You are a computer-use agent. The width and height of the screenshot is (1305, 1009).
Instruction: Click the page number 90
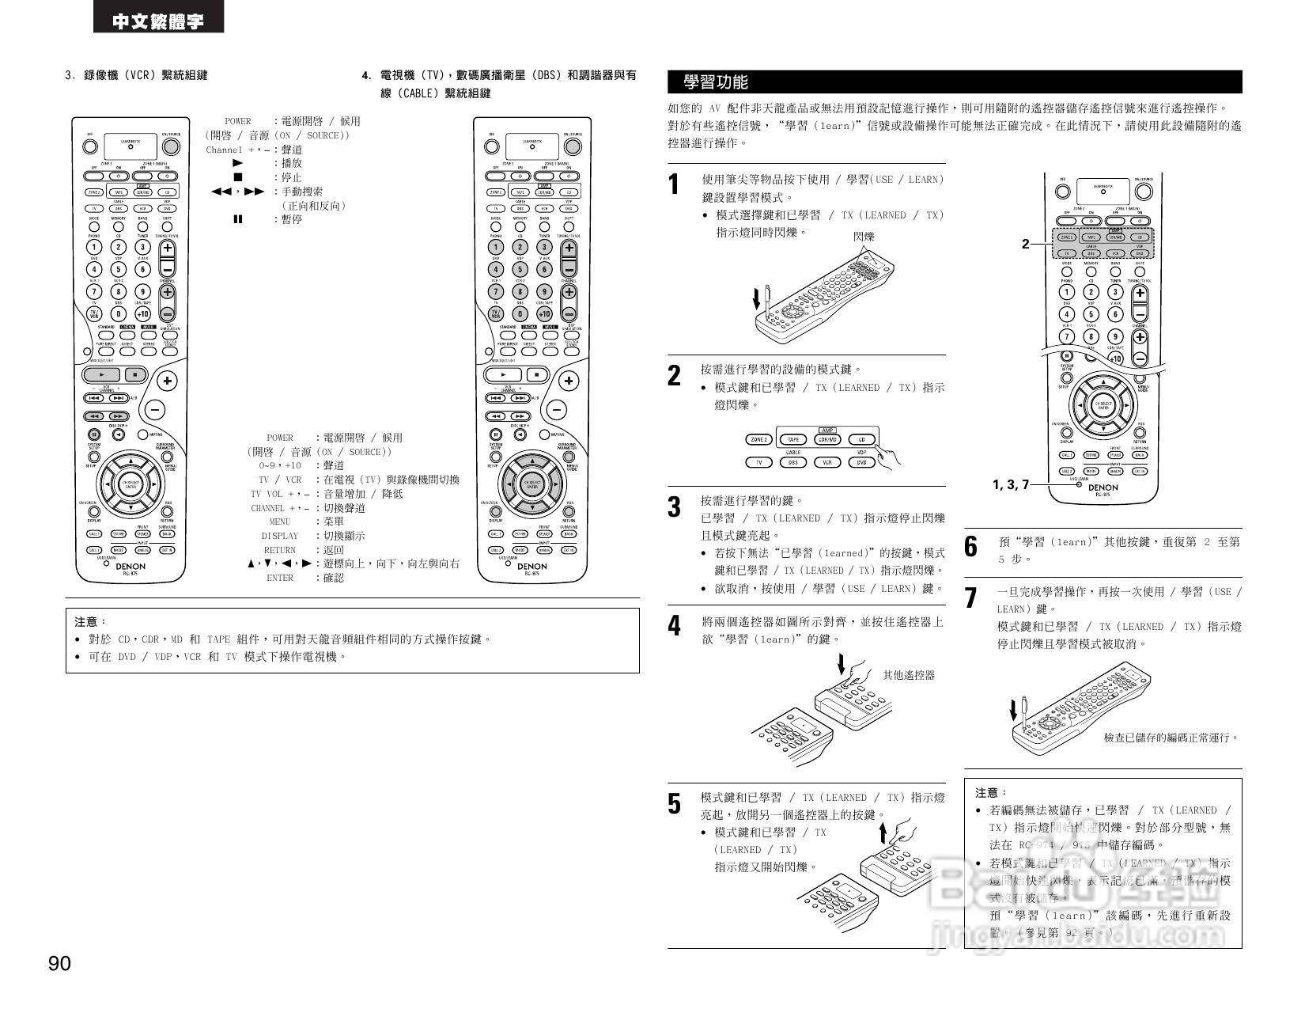[x=59, y=964]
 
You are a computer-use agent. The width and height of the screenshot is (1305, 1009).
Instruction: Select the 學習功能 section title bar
[x=955, y=82]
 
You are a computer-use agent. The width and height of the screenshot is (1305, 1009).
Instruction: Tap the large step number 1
[x=674, y=185]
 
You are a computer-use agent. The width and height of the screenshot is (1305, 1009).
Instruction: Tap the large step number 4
[x=674, y=627]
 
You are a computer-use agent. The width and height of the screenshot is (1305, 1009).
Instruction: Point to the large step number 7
[x=971, y=598]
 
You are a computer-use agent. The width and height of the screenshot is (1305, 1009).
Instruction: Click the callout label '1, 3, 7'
[x=1011, y=484]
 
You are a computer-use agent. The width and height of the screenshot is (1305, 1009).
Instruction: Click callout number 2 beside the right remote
[x=1025, y=244]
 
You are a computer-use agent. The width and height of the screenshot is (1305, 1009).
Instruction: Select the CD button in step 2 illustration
[x=861, y=439]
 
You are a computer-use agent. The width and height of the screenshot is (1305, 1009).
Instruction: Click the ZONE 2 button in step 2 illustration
[x=758, y=439]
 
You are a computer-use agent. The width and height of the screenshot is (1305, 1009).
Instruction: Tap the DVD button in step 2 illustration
[x=861, y=462]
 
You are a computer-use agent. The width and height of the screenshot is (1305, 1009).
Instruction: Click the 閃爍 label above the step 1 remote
[x=864, y=236]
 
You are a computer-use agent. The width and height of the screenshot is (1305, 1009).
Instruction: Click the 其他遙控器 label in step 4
[x=908, y=675]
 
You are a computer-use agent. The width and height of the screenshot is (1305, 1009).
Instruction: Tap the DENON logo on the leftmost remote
[x=130, y=567]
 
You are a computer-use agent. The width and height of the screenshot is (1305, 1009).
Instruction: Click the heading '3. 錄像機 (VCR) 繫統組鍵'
[x=136, y=75]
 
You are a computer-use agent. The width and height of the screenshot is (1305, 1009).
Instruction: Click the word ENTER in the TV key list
[x=280, y=578]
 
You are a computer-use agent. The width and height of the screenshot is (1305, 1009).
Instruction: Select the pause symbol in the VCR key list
[x=237, y=219]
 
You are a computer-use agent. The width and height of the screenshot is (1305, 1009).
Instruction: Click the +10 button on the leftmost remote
[x=142, y=313]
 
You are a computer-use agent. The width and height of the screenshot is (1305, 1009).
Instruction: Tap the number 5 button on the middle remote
[x=520, y=269]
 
